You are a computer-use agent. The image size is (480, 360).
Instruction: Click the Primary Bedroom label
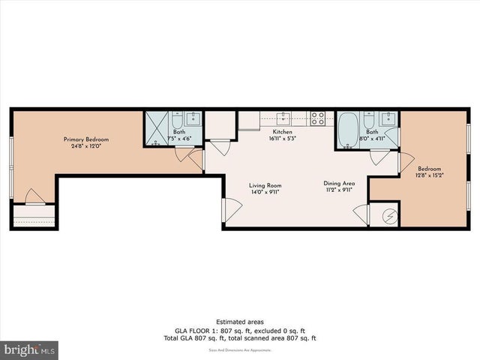tap(85, 139)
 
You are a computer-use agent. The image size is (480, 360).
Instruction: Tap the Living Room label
tap(265, 185)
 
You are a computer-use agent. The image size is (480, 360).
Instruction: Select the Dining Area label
tap(339, 183)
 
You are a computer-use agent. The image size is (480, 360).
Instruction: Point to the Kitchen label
tap(283, 131)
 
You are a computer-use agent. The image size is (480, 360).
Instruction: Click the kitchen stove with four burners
tap(318, 118)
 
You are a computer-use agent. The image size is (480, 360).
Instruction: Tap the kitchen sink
tap(283, 118)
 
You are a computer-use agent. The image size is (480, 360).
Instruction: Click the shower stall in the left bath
tap(157, 129)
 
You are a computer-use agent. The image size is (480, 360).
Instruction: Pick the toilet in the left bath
tap(176, 119)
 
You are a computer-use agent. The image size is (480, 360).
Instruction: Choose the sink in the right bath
tap(388, 118)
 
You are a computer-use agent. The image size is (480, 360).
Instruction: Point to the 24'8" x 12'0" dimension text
tap(85, 147)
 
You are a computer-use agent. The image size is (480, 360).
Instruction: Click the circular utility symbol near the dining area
tap(388, 215)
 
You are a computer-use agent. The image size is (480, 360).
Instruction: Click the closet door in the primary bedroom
tap(35, 197)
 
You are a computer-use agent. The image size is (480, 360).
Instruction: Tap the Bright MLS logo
tap(30, 349)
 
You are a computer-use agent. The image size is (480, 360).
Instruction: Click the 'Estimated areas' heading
tap(239, 321)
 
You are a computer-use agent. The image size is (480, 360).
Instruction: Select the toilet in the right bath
tap(369, 120)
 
